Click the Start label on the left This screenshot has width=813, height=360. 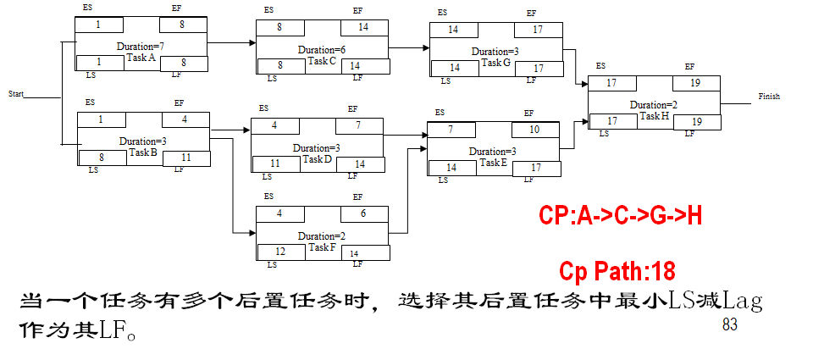(x=16, y=93)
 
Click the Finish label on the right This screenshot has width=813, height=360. (x=769, y=97)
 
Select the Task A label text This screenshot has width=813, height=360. (x=141, y=58)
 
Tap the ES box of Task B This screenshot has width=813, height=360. (x=101, y=119)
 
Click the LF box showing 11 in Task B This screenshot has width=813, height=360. (x=186, y=158)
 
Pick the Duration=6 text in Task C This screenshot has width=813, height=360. (x=322, y=50)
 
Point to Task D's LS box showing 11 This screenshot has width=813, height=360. (x=274, y=163)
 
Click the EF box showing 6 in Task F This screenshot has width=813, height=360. (x=363, y=214)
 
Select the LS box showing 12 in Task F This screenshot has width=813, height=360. (x=280, y=252)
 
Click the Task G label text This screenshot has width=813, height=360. (x=496, y=63)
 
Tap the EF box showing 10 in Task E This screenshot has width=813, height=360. (x=534, y=130)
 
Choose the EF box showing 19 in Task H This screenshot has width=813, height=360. (x=696, y=84)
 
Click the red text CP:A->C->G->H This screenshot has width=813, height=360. (x=620, y=215)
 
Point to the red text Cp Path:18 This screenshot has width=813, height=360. (x=617, y=271)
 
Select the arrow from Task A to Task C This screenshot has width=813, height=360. (x=231, y=42)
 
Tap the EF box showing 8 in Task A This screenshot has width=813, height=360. (x=183, y=25)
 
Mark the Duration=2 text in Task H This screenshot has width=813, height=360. (x=653, y=105)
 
